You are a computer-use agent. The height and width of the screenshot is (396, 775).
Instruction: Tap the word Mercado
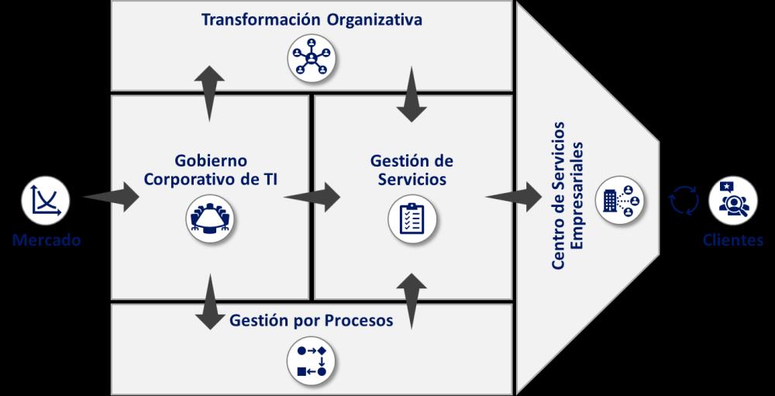(46, 240)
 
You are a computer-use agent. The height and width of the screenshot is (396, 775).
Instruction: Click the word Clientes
(732, 240)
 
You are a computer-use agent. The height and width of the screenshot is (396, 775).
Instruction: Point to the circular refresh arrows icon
(684, 201)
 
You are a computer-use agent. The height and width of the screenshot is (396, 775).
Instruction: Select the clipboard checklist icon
(412, 219)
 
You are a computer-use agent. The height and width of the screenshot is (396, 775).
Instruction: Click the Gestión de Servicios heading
(412, 170)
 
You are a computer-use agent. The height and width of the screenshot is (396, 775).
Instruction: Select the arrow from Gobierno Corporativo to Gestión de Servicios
(312, 197)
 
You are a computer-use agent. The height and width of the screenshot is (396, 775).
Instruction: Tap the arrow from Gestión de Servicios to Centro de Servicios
(515, 197)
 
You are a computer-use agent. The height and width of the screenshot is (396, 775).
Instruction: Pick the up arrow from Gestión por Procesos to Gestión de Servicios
(412, 298)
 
